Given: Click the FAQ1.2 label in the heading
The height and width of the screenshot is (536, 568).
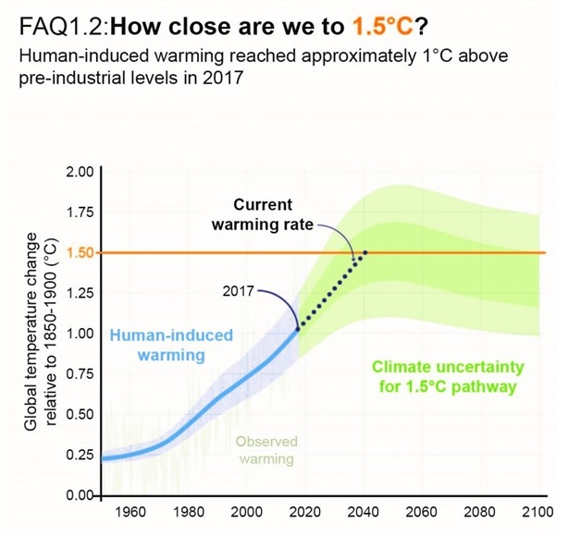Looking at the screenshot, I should [x=51, y=21].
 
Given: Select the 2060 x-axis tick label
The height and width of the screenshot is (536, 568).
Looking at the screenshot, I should [x=422, y=512].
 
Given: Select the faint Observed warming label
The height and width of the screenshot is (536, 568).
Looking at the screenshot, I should [x=265, y=450].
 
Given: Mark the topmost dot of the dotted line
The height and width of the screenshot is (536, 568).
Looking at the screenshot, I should [x=365, y=252].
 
